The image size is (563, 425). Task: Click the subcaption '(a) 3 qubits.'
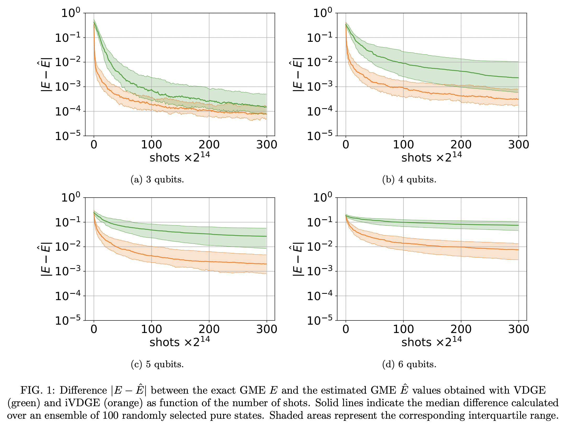tap(157, 180)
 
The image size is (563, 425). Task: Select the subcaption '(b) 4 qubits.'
tap(409, 180)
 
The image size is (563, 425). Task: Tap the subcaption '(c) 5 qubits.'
tap(157, 364)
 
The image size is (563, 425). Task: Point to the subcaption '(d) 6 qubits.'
tap(409, 364)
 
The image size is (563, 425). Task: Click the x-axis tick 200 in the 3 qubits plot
tap(209, 145)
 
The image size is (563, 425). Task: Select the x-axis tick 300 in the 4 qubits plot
tap(518, 145)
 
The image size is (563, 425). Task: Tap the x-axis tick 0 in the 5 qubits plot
tap(94, 329)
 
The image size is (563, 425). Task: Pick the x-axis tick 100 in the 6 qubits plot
tap(403, 329)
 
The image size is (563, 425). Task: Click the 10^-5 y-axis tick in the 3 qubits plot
tap(68, 136)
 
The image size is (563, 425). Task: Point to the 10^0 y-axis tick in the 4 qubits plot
tap(322, 13)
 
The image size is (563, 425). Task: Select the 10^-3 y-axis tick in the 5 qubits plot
tap(68, 271)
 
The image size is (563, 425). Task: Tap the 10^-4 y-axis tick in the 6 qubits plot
tap(319, 296)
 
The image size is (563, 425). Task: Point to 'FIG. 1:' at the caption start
tap(38, 390)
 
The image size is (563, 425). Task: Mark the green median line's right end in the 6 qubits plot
tap(518, 225)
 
